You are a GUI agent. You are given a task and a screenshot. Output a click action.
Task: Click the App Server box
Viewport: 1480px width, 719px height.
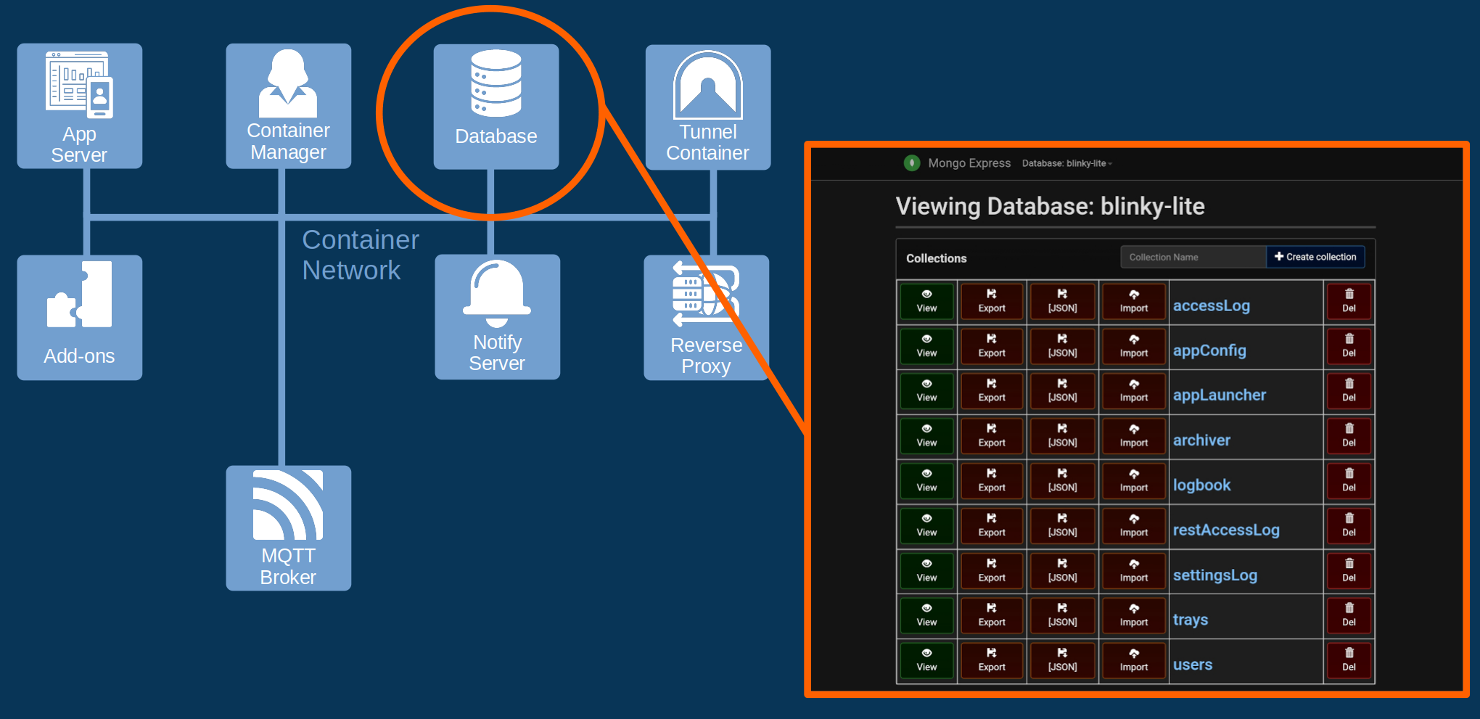pos(80,106)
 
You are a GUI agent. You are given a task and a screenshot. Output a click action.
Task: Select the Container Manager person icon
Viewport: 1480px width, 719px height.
pos(288,83)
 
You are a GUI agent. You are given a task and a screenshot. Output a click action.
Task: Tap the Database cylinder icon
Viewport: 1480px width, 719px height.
pos(496,83)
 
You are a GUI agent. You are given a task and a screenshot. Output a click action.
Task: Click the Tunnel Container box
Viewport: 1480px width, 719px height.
pos(708,107)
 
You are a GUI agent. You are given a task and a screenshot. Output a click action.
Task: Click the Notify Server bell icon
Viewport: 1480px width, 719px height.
pos(497,293)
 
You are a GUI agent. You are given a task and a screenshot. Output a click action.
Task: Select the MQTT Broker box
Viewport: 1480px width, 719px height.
pos(289,528)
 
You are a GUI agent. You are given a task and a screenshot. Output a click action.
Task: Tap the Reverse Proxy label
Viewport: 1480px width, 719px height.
pos(707,356)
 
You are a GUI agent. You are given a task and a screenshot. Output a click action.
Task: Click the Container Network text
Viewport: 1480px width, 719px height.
pos(361,255)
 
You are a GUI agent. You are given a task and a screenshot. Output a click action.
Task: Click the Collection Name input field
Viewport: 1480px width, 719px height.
pos(1193,257)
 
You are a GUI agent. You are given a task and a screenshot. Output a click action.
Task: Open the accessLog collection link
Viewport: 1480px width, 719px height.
pos(1212,305)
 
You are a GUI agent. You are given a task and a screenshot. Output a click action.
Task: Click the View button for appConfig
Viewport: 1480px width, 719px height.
pos(927,347)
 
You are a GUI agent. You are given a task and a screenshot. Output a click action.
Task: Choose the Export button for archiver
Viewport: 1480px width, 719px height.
pos(992,436)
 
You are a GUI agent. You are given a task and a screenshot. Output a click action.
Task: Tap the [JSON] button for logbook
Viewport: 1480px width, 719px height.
pos(1062,481)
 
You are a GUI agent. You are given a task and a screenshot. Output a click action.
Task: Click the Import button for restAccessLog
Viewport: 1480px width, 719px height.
pos(1134,526)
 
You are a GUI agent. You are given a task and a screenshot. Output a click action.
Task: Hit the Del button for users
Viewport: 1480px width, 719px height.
pos(1349,660)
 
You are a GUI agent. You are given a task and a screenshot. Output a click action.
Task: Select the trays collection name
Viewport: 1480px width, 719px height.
pos(1191,620)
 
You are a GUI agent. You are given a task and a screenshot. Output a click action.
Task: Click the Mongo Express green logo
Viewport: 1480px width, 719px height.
pos(912,163)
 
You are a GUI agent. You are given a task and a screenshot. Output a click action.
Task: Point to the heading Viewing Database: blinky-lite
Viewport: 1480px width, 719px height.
pos(1050,206)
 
